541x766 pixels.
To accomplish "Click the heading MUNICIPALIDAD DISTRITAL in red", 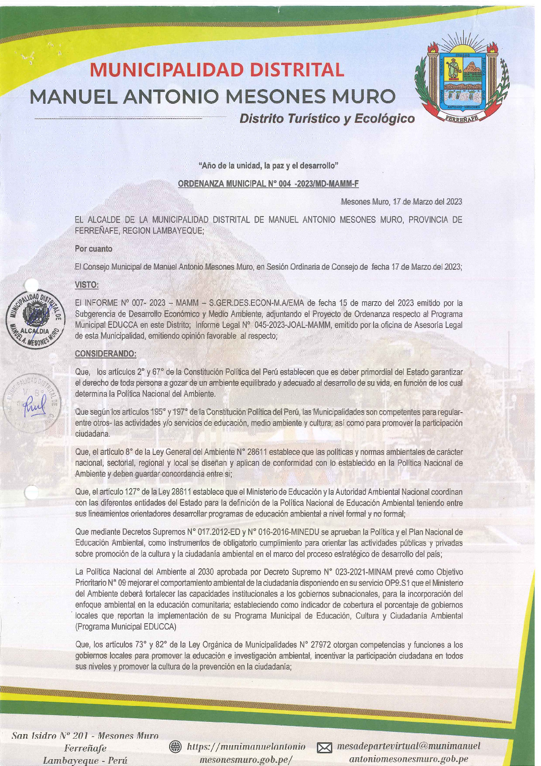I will coord(217,70).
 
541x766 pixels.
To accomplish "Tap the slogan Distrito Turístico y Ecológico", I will coord(326,119).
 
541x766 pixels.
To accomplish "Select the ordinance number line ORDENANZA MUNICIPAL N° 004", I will coord(268,184).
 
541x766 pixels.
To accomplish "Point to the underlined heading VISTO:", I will coord(86,285).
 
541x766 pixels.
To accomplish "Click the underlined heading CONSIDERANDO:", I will coord(105,353).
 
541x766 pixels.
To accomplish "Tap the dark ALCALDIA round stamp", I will coord(35,318).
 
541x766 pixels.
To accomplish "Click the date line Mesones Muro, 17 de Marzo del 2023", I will coord(401,202).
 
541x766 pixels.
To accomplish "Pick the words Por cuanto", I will coord(94,249).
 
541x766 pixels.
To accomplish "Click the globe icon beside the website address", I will coord(175,746).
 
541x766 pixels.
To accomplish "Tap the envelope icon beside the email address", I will coord(324,748).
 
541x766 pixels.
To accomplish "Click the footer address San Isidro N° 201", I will coord(85,736).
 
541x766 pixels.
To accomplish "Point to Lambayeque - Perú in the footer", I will coord(85,760).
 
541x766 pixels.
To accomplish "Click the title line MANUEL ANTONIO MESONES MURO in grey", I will coord(213,96).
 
